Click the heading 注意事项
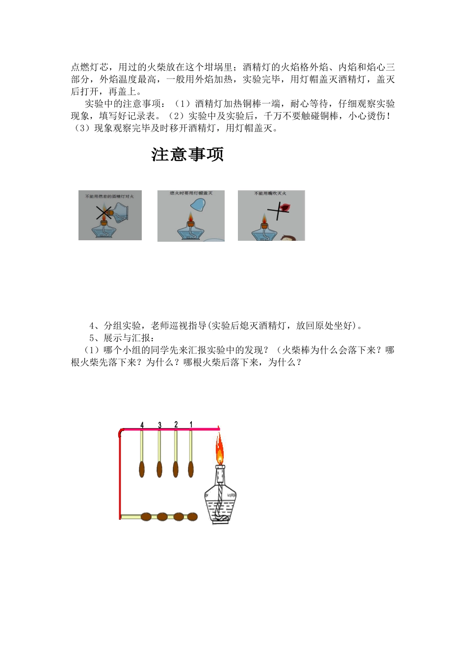click(187, 154)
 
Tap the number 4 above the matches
click(142, 425)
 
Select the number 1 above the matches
click(191, 425)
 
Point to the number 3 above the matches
click(159, 425)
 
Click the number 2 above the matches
click(176, 425)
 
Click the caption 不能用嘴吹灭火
click(270, 194)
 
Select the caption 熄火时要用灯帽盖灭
click(191, 194)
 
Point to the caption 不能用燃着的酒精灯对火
click(109, 196)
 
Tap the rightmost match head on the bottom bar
click(192, 516)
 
